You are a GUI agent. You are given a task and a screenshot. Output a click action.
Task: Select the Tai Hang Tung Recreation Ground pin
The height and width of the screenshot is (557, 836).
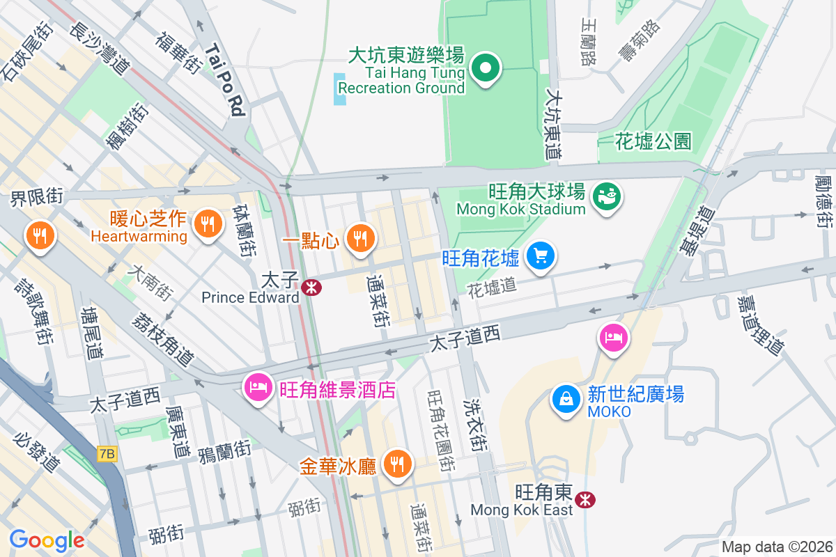coord(486,68)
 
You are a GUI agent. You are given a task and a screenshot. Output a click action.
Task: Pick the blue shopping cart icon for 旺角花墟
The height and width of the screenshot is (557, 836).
coord(540,256)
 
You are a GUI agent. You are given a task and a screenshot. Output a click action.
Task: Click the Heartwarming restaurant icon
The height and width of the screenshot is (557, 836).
coord(207,223)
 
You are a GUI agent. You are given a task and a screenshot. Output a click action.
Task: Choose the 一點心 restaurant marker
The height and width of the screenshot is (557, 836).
coord(359,239)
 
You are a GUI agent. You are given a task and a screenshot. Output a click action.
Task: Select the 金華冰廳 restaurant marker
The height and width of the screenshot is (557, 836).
coord(398,462)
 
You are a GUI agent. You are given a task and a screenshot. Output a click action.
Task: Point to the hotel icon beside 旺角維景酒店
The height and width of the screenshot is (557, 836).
coord(259,387)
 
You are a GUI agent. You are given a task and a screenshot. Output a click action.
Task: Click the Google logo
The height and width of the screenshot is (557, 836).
coord(47,540)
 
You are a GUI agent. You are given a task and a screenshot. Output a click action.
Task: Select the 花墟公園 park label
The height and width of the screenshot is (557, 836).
coord(653,142)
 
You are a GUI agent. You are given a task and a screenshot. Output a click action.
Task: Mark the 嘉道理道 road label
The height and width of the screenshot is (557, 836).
coord(761,324)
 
